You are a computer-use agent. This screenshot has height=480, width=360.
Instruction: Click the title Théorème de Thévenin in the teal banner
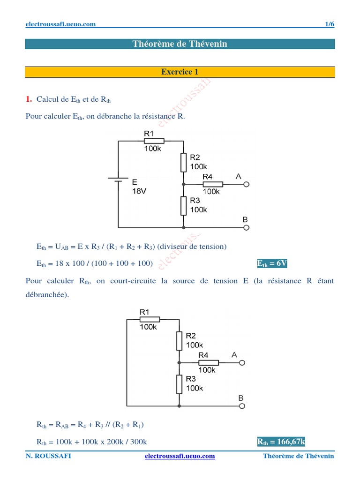(x=180, y=44)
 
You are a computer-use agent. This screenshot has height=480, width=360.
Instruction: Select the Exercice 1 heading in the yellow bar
(x=180, y=72)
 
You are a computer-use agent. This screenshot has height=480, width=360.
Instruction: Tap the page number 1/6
(x=330, y=24)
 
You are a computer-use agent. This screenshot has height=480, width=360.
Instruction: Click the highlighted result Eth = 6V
(x=272, y=264)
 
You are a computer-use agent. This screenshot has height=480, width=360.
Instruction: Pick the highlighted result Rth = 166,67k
(x=281, y=442)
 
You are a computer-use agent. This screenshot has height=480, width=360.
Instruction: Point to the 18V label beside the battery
(x=139, y=191)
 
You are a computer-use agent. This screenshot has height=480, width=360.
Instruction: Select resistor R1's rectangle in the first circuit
(x=154, y=141)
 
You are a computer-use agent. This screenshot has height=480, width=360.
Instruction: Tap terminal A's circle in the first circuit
(x=247, y=184)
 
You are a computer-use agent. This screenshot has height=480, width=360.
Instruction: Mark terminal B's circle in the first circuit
(x=247, y=227)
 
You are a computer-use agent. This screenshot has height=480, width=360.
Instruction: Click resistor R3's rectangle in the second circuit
(x=180, y=384)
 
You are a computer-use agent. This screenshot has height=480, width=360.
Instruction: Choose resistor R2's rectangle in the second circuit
(x=180, y=341)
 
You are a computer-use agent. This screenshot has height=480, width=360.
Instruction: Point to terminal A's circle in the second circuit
(x=243, y=362)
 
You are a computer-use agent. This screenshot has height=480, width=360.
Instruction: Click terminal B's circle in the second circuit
(x=243, y=405)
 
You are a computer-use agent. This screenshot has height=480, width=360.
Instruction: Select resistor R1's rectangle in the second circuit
(x=150, y=319)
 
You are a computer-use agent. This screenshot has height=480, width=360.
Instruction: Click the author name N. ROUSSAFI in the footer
(x=49, y=456)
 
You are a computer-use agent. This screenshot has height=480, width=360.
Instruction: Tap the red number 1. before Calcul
(x=29, y=99)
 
